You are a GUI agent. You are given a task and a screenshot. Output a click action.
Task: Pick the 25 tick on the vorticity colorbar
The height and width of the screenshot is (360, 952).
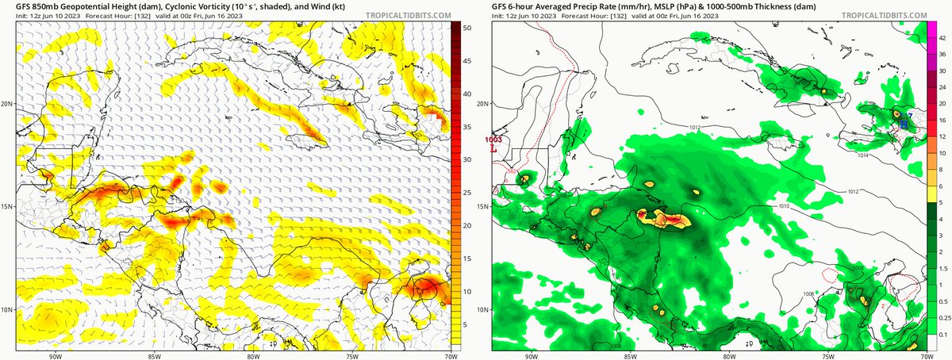pos(468,193)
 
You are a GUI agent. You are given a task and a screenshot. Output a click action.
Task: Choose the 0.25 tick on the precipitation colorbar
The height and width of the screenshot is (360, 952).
pos(943,317)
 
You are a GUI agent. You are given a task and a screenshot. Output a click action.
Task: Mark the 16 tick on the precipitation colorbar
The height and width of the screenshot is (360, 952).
pos(942,120)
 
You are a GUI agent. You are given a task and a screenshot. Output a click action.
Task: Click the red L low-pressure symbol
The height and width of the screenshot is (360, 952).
pos(494,147)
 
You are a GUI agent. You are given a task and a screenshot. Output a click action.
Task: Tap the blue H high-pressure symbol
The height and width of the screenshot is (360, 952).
pos(904,124)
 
